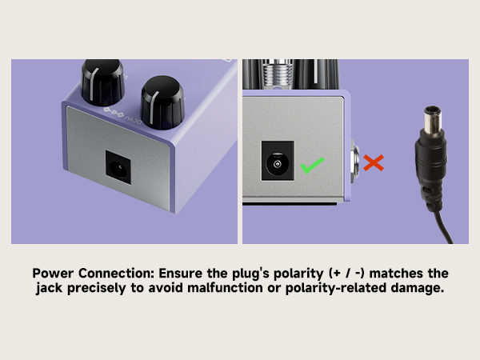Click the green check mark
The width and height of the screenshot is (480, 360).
(312, 166)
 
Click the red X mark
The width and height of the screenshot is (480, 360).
(374, 162)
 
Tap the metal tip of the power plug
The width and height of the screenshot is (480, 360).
(433, 118)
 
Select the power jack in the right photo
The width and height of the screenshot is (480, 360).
(278, 161)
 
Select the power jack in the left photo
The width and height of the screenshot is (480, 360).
(118, 167)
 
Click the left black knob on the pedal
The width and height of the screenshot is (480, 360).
(102, 82)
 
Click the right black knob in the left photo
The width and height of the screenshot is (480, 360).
(162, 102)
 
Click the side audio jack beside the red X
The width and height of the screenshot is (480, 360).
(354, 161)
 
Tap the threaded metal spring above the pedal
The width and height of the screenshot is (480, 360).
(278, 73)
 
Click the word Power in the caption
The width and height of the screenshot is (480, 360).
(53, 273)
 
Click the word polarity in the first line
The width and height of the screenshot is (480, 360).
(298, 274)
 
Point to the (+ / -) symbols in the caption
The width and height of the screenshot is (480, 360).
(346, 273)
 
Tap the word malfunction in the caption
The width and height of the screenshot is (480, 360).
(225, 288)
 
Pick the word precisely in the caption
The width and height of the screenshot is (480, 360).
(97, 288)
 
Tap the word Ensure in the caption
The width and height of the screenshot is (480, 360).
(180, 273)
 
